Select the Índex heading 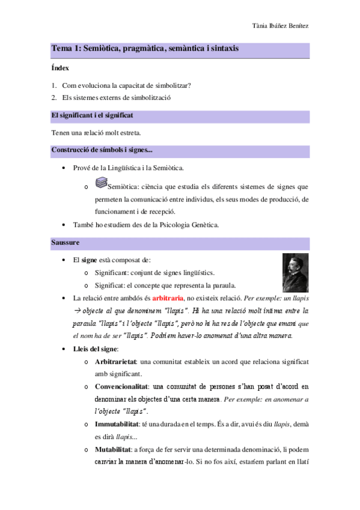[60, 69]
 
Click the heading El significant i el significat [92, 114]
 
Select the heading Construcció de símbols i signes [102, 150]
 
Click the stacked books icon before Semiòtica [101, 182]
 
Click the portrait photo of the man [295, 272]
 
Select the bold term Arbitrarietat [116, 361]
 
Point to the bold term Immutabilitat [117, 424]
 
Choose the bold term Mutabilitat [112, 449]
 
